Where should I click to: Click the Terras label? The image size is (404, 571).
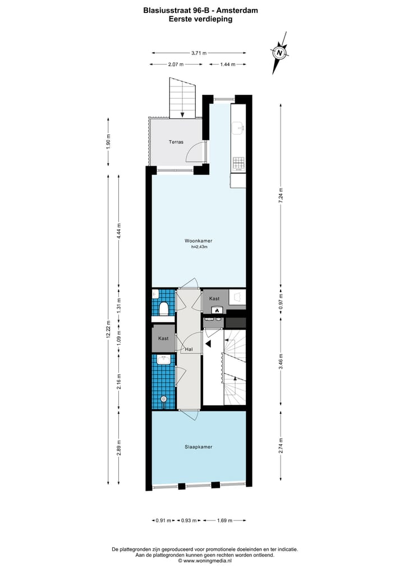(x=176, y=142)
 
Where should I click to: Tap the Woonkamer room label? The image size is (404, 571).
(x=198, y=241)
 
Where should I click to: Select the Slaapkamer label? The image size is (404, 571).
(x=198, y=447)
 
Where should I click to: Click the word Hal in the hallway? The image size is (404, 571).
(x=190, y=349)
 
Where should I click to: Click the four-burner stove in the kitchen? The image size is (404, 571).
(x=238, y=163)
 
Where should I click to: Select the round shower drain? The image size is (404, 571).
(x=163, y=399)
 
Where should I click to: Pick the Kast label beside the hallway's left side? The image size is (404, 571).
(x=163, y=339)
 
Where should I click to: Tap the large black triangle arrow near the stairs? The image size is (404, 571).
(x=208, y=344)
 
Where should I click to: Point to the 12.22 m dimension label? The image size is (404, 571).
(x=107, y=329)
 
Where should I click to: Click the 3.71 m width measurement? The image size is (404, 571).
(x=199, y=53)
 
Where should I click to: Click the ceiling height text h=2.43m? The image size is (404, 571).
(x=199, y=246)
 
